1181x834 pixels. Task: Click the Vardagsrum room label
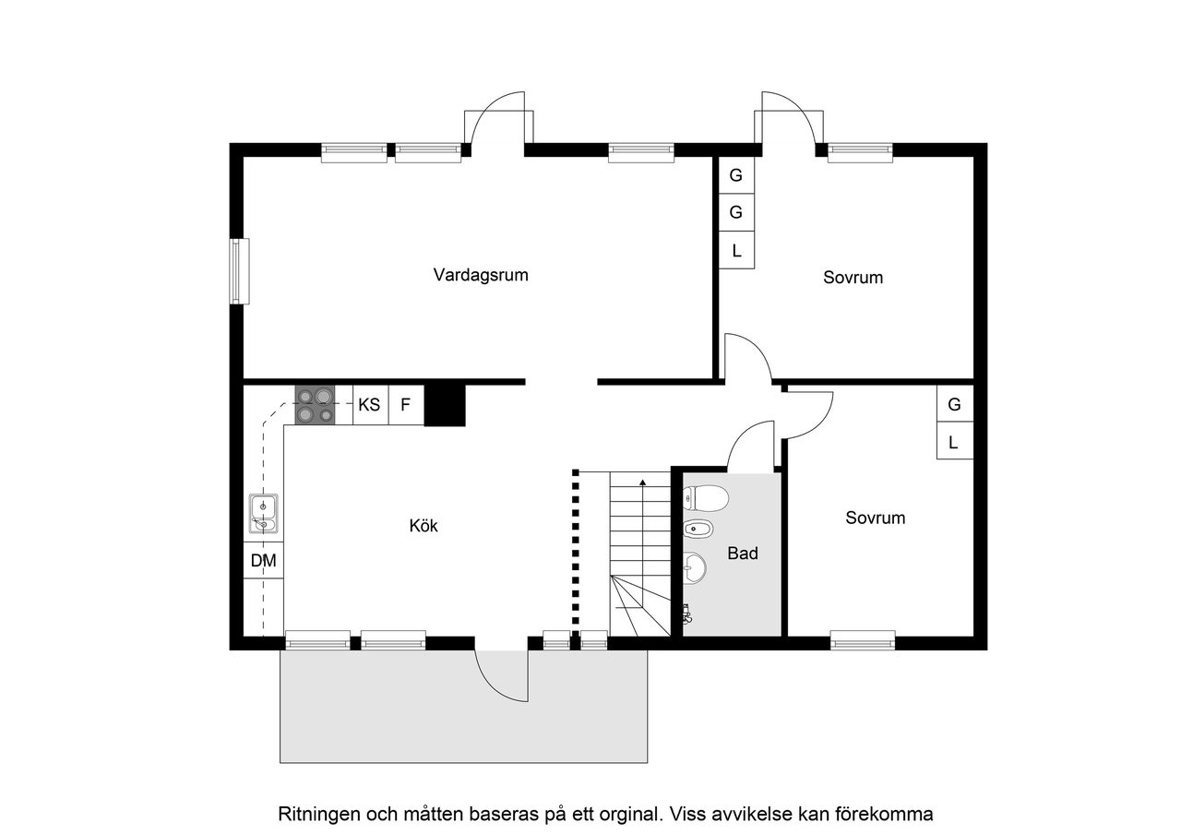point(481,275)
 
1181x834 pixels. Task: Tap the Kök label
point(423,526)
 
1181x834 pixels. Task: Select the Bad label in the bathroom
point(743,554)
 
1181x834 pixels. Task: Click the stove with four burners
point(314,405)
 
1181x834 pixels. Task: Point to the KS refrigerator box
point(370,405)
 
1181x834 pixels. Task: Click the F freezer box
point(405,405)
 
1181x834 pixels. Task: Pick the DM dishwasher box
point(263,560)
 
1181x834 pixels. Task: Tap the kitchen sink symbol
point(264,515)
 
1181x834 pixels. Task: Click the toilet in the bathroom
point(707,499)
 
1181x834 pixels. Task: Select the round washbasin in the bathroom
point(695,567)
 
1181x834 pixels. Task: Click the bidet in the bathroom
point(696,529)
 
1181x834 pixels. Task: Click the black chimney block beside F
point(445,404)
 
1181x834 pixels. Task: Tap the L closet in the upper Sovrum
point(736,250)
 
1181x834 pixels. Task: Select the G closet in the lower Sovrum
point(954,404)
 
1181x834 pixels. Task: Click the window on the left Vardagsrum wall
point(240,271)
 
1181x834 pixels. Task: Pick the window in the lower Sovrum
point(863,637)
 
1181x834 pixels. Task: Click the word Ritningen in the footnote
point(318,815)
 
